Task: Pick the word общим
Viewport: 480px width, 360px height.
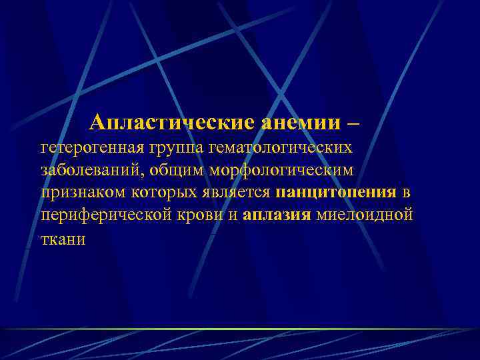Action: [177, 170]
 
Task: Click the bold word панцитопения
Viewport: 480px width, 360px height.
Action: [335, 194]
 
